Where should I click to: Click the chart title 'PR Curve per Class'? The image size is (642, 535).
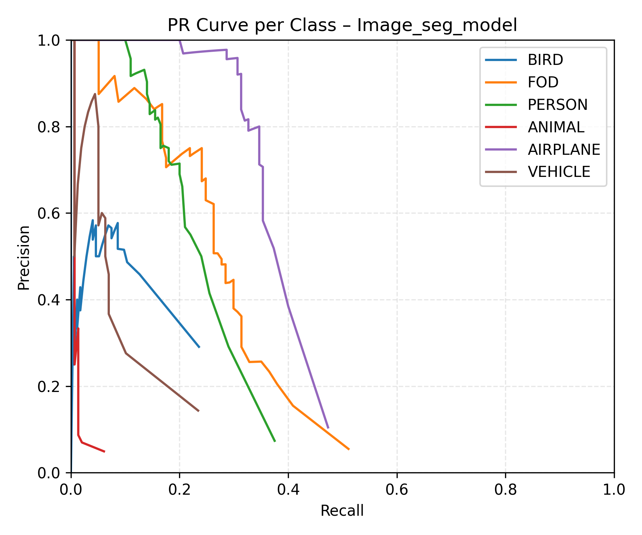click(x=342, y=25)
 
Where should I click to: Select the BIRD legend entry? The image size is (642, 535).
click(x=545, y=60)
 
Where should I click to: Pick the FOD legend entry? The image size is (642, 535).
click(x=543, y=82)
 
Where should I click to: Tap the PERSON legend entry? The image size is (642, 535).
click(x=557, y=105)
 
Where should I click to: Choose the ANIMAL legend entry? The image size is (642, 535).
click(x=556, y=127)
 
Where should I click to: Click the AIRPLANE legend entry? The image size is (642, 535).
click(x=564, y=149)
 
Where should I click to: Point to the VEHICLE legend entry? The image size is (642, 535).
click(x=559, y=172)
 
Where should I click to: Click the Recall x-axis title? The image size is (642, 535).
click(x=342, y=511)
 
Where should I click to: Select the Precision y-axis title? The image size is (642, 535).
click(x=24, y=258)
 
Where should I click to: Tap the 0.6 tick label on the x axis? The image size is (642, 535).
click(x=397, y=490)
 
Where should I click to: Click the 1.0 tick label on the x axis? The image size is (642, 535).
click(x=613, y=490)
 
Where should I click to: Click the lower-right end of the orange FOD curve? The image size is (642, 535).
click(x=348, y=449)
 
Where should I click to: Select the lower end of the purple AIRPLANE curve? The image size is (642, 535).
click(x=328, y=428)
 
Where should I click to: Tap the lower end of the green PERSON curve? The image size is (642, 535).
click(x=275, y=441)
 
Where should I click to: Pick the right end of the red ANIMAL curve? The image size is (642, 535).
click(x=105, y=452)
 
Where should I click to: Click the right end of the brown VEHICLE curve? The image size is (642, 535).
click(x=199, y=411)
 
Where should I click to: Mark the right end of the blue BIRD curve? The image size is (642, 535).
click(x=199, y=347)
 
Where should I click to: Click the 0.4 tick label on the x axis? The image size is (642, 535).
click(x=288, y=490)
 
